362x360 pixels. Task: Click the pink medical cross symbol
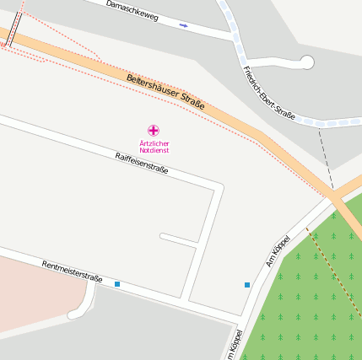[153, 130]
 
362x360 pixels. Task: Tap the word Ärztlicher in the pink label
[154, 143]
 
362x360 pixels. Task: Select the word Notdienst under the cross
[154, 150]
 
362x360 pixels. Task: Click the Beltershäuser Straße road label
[165, 91]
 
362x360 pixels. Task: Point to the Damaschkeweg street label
[132, 11]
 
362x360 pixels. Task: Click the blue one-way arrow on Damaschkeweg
[183, 25]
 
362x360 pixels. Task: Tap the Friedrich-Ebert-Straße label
[267, 92]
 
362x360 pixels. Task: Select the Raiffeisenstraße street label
[141, 163]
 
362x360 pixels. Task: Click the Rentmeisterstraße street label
[72, 271]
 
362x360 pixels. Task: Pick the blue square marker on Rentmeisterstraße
[117, 284]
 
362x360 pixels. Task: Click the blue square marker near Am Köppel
[247, 285]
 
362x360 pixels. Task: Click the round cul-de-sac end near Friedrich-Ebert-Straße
[306, 62]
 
